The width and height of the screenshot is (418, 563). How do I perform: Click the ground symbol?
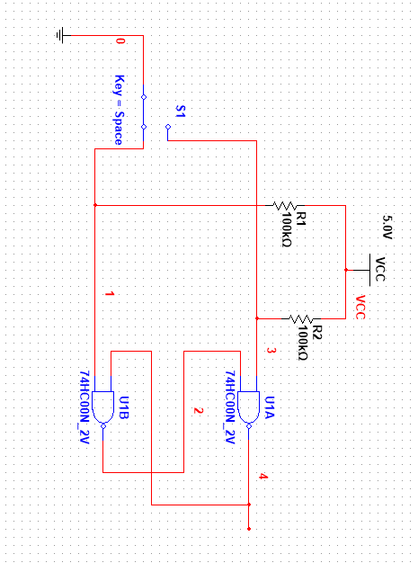point(61,35)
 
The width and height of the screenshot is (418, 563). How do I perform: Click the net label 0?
point(120,42)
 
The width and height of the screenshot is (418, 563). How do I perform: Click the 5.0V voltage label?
point(387,226)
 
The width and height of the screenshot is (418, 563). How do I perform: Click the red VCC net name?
point(360,308)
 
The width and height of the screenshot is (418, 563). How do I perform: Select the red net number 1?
point(110,295)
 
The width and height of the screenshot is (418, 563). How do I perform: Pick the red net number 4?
point(262,476)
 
